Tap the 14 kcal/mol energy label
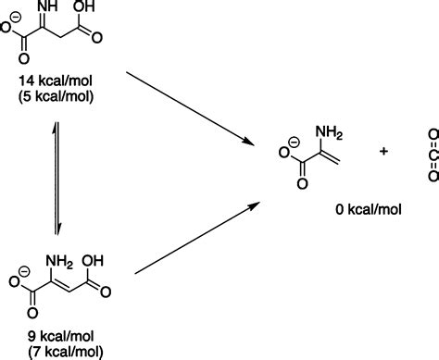(61, 81)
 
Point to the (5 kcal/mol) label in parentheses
(61, 96)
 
